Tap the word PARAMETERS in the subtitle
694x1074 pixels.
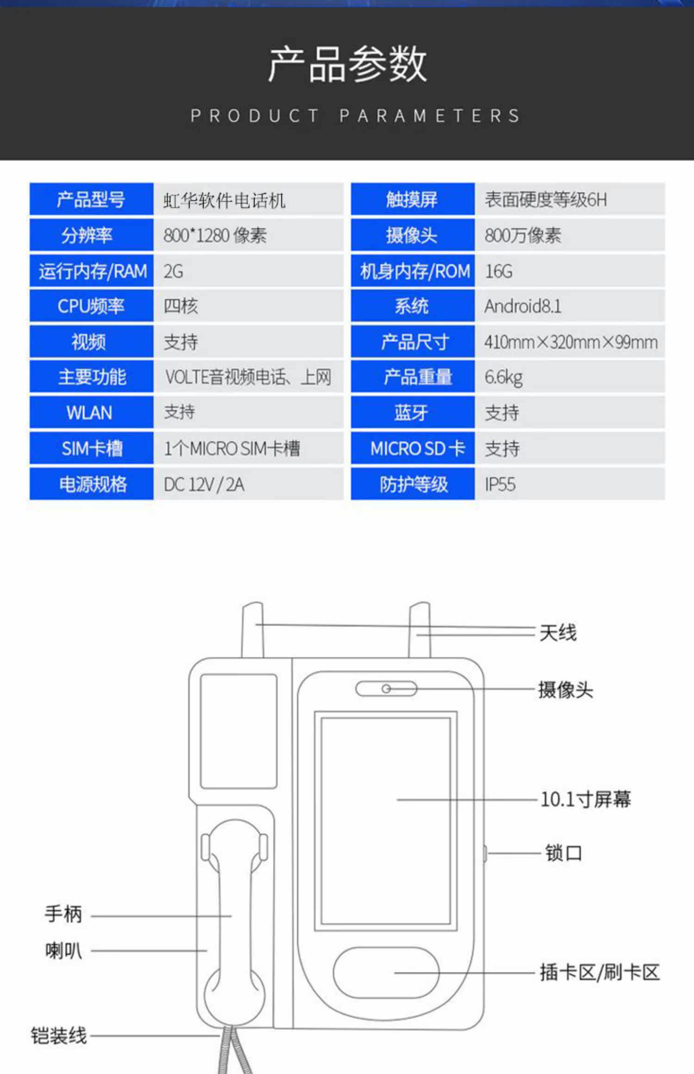click(x=430, y=116)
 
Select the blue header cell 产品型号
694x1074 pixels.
click(x=91, y=199)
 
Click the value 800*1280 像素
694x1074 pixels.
click(x=215, y=235)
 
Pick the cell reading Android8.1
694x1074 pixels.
click(x=523, y=306)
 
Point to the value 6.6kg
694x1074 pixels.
click(x=503, y=377)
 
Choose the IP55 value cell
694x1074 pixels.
click(x=500, y=484)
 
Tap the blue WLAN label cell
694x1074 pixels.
click(x=91, y=413)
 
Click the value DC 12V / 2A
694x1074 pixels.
click(x=204, y=484)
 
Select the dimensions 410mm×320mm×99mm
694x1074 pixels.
click(x=570, y=342)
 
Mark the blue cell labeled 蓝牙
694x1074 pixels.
click(x=412, y=413)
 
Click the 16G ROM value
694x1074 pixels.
click(x=498, y=271)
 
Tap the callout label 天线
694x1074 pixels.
click(x=558, y=632)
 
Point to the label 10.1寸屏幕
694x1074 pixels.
click(x=585, y=799)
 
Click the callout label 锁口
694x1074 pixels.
click(x=563, y=853)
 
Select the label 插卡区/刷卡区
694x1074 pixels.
click(x=599, y=972)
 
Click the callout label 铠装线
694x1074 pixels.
click(x=59, y=1036)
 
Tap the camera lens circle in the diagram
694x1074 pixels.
click(x=386, y=689)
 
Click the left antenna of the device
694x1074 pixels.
click(x=253, y=629)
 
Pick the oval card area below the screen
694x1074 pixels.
click(x=385, y=972)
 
